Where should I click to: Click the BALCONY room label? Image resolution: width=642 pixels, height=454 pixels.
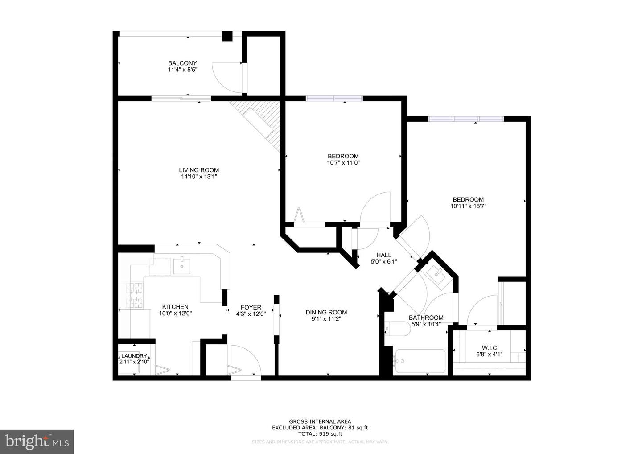pos(182,63)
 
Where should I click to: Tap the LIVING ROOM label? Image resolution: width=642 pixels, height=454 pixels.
pos(199,170)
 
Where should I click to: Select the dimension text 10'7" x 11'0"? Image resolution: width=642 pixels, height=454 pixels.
pos(343,163)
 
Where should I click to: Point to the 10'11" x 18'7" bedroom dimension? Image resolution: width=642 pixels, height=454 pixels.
pos(468,206)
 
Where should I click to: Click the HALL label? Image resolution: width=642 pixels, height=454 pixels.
pos(383,255)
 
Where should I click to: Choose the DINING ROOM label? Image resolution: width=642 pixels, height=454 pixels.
pos(326,312)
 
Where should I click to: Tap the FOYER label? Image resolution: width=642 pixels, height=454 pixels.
pos(251,307)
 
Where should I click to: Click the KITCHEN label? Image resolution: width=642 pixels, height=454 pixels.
pos(175,307)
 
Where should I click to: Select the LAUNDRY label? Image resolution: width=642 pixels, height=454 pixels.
pos(134,356)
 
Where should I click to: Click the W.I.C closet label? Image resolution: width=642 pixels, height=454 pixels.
pos(489,348)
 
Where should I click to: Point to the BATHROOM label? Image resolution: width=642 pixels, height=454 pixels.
pos(426,318)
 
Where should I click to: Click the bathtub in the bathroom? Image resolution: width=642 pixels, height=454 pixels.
pos(420,361)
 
